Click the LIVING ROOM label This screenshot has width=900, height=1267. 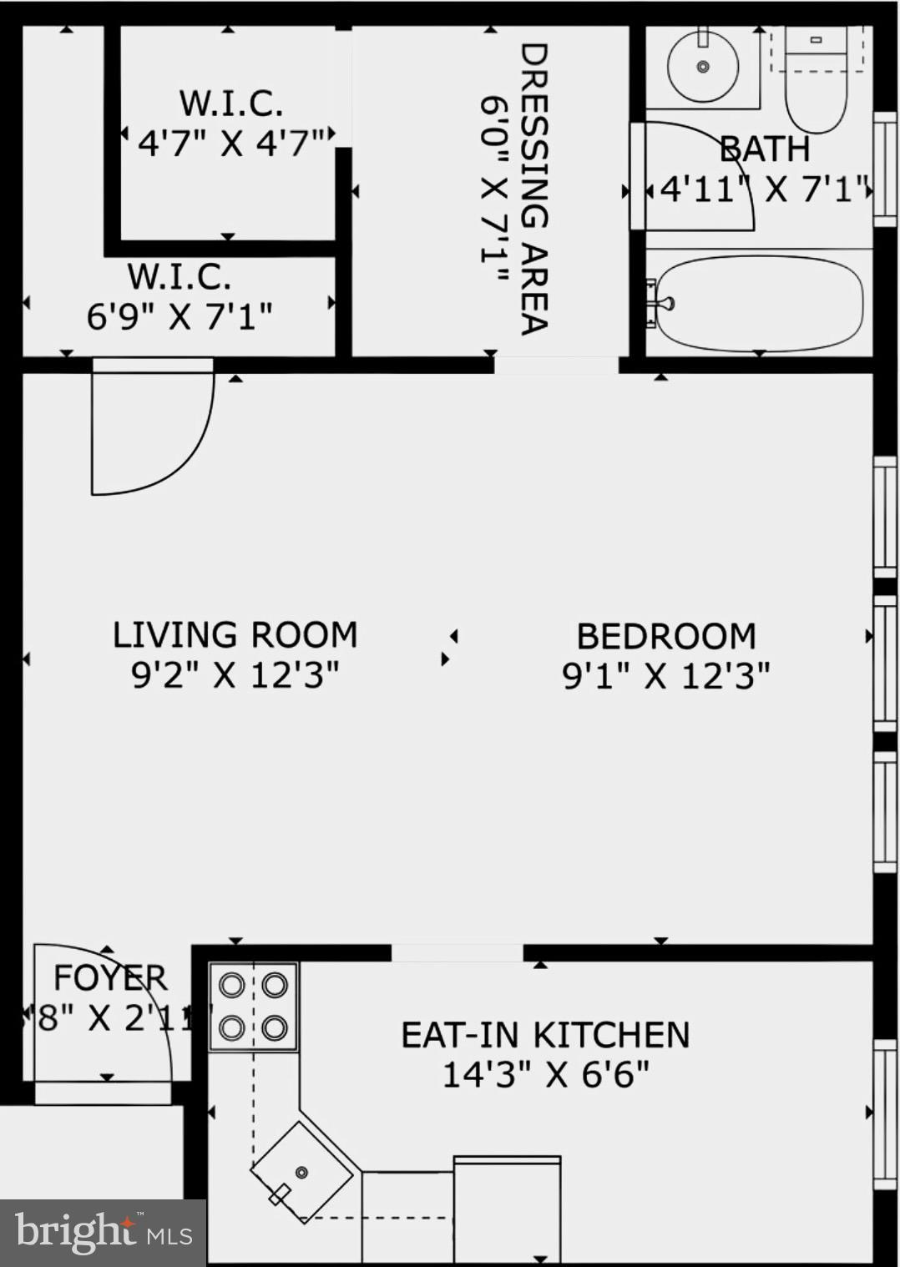pyautogui.click(x=235, y=635)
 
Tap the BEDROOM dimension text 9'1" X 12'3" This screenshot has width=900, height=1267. pyautogui.click(x=665, y=676)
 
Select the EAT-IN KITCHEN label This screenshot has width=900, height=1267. pyautogui.click(x=545, y=1035)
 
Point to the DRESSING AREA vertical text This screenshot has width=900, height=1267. pyautogui.click(x=533, y=189)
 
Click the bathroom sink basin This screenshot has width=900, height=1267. pyautogui.click(x=702, y=65)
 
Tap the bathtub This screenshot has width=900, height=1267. pyautogui.click(x=758, y=303)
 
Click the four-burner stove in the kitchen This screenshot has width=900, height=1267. pyautogui.click(x=254, y=1006)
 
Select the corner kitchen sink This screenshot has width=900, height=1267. pyautogui.click(x=302, y=1172)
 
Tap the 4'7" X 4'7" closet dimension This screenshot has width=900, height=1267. pyautogui.click(x=231, y=144)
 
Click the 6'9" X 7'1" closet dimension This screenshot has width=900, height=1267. pyautogui.click(x=179, y=316)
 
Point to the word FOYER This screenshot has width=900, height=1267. pyautogui.click(x=110, y=977)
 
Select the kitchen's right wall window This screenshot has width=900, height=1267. pyautogui.click(x=884, y=1113)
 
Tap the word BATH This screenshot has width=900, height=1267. pyautogui.click(x=765, y=149)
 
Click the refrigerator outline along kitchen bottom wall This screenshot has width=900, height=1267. pyautogui.click(x=507, y=1208)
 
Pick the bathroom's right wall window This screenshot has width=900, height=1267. pyautogui.click(x=884, y=170)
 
